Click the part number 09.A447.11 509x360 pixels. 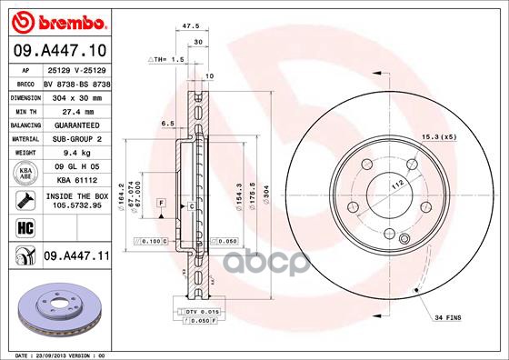(75, 257)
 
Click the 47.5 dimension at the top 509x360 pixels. (191, 27)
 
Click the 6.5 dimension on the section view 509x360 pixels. (167, 123)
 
